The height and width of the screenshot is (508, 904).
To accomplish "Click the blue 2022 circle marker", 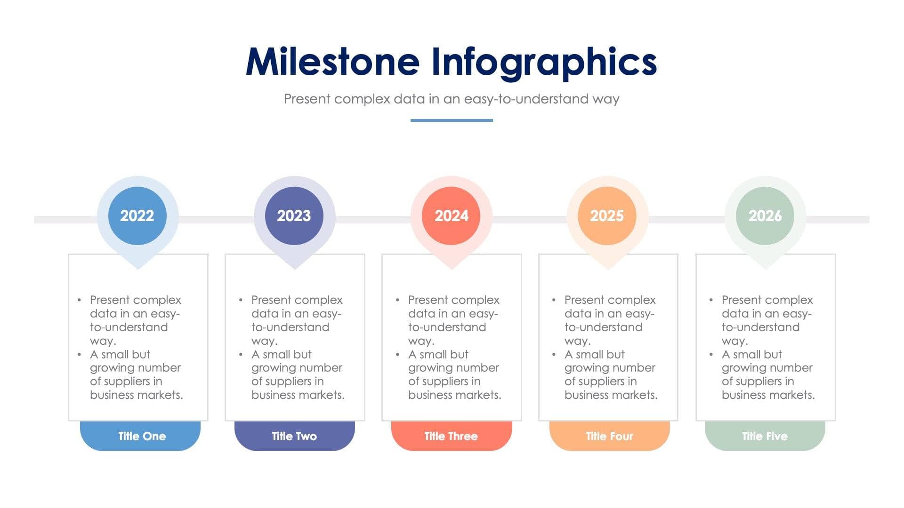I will pos(137,216).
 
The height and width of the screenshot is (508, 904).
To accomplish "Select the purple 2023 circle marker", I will pos(294,216).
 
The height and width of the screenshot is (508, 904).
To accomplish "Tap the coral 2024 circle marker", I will pos(451,216).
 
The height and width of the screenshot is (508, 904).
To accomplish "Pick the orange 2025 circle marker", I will pos(607,216).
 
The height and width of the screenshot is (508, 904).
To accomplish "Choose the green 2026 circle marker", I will pos(765,216).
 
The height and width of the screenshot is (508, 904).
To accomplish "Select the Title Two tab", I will pos(294,436).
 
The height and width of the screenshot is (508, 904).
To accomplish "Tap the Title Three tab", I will pos(451,436).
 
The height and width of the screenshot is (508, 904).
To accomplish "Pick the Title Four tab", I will pos(609,436).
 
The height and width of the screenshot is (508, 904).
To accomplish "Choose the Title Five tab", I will pos(765,436).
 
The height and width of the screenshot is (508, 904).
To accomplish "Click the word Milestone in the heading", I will pos(332,62).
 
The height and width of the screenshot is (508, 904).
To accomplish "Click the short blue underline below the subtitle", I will pos(452,120).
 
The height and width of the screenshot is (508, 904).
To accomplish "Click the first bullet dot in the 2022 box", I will pos(79,300).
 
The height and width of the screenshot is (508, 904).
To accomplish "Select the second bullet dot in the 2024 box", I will pos(398,355).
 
